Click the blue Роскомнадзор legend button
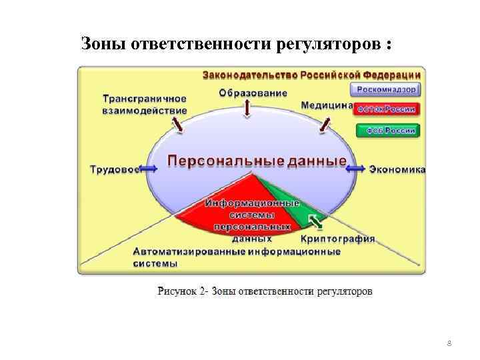point(387,89)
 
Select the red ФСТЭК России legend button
point(387,110)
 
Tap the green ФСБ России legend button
point(387,131)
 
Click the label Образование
point(253,93)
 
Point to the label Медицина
point(327,105)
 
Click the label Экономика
point(397,169)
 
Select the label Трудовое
point(114,169)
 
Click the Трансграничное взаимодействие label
point(144,104)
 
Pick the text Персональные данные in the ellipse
point(256,161)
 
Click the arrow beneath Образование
point(248,108)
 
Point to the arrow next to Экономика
point(356,169)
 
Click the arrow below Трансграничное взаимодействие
point(178,124)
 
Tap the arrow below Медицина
point(325,123)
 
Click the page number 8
point(449,343)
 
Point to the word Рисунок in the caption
point(178,291)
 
